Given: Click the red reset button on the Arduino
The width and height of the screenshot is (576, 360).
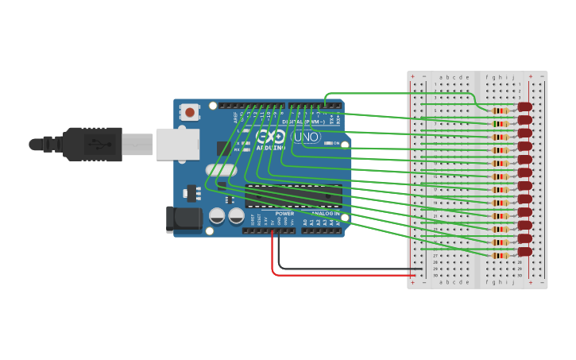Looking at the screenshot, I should point(190,113).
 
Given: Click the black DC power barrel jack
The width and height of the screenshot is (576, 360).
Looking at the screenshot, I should point(180,219).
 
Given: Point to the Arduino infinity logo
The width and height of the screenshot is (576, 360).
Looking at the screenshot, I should point(271,136).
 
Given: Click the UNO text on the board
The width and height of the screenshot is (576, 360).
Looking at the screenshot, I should point(307,137).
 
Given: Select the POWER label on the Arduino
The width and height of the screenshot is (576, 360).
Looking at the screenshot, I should point(284,214).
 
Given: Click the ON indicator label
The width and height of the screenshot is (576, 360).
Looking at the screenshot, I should point(337,143).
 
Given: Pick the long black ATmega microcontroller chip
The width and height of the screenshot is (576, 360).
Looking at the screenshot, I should point(293,195).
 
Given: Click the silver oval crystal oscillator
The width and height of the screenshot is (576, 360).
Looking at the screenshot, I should point(221,169).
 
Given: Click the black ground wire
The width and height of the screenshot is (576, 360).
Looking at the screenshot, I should point(342,268).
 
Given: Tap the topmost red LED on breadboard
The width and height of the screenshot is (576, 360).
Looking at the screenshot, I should point(524,106).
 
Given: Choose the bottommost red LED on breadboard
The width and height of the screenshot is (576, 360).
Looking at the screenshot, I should point(524,251).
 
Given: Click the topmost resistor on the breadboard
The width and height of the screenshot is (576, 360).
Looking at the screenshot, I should point(500,110).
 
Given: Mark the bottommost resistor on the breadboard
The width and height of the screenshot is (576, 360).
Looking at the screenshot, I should point(500,255).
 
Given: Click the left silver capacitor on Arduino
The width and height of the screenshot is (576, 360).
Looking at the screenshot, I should point(217,215).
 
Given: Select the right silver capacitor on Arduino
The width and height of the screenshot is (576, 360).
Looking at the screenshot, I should point(236,215).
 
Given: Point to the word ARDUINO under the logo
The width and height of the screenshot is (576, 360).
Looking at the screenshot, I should point(271,148).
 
